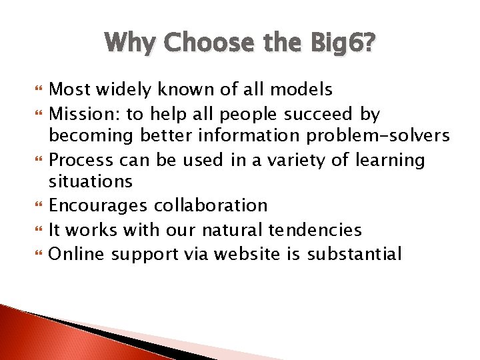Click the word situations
tap(91, 181)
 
